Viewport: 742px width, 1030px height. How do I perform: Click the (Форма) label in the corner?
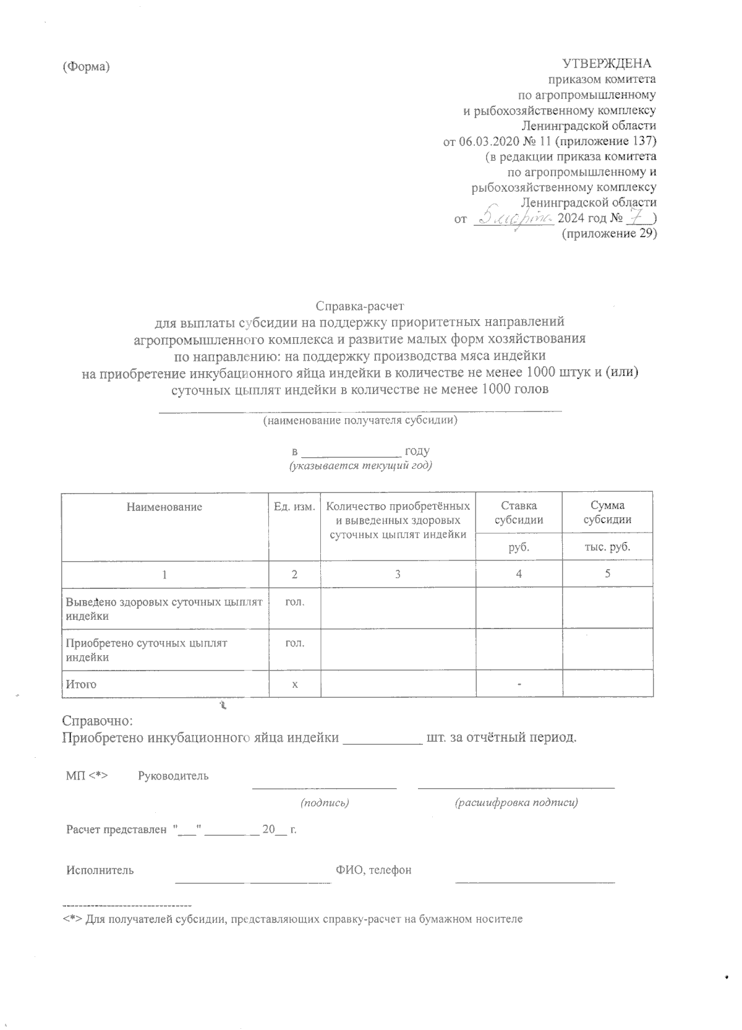pos(86,67)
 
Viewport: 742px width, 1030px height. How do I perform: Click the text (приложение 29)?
pos(608,234)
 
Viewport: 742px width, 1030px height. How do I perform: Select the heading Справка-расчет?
pos(360,306)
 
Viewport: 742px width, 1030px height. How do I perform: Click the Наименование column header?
pos(164,507)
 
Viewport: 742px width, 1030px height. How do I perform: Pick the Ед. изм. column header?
pos(294,507)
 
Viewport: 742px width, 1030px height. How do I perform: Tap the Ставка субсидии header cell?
pos(518,513)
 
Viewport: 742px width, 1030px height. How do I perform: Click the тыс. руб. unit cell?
pos(607,547)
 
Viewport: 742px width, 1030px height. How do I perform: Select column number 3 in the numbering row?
pos(398,574)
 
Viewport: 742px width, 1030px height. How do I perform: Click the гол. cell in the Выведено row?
pos(294,601)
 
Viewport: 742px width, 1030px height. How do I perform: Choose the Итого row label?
pos(81,684)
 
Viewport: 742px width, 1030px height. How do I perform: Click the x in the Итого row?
pos(295,684)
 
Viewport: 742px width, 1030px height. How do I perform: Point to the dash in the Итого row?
pos(519,684)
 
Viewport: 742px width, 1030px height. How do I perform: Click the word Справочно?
pos(98,721)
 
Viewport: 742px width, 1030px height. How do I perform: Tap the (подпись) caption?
pos(325,803)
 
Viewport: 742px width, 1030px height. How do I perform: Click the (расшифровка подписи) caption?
pos(516,803)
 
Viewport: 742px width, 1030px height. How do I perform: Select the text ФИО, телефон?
pos(373,870)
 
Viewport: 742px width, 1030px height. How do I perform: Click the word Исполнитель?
pos(100,870)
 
